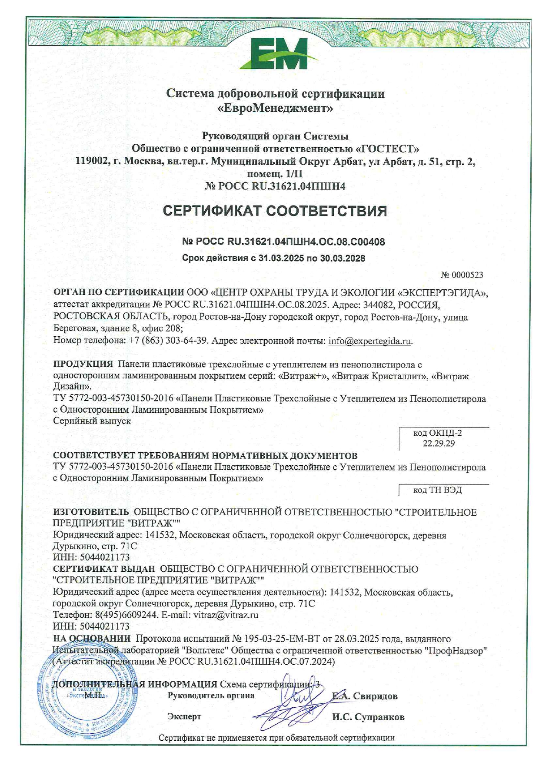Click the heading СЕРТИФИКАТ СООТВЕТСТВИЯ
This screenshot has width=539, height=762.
click(275, 211)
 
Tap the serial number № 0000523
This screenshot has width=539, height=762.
click(462, 275)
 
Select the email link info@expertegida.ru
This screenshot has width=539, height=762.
click(369, 341)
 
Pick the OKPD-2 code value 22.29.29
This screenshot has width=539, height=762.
click(439, 444)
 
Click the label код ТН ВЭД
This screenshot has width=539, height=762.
click(437, 490)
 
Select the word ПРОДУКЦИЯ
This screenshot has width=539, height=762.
click(83, 364)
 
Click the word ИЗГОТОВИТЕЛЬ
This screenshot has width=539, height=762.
click(91, 513)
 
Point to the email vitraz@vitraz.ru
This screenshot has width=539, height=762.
click(226, 615)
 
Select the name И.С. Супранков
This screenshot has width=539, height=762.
click(368, 717)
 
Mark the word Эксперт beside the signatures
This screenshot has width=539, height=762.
click(184, 717)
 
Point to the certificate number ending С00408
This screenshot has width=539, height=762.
click(283, 242)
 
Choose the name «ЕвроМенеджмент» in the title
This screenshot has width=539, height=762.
click(275, 108)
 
